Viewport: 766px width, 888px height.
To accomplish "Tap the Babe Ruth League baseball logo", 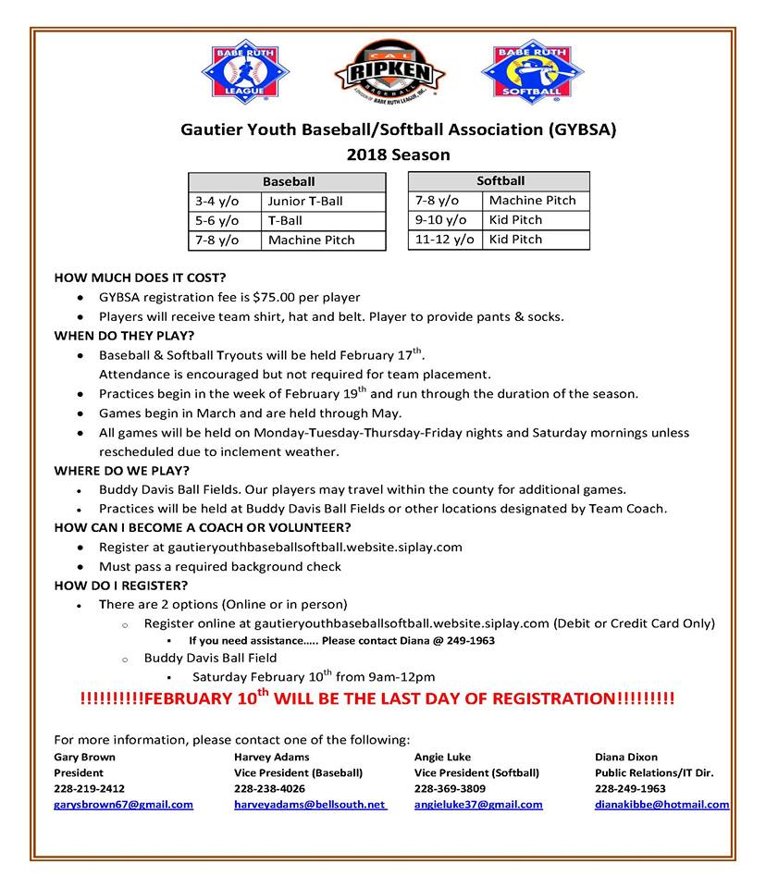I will pos(245,71).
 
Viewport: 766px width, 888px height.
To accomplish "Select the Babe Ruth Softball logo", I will pos(532,71).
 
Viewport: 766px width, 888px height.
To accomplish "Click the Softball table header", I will pos(500,180).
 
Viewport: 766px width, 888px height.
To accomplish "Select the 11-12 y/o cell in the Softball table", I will pos(444,239).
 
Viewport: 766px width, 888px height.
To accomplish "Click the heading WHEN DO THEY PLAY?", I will pos(124,335).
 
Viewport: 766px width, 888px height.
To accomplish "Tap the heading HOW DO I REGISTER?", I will pos(121,586).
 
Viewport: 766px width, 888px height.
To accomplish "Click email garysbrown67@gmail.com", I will pos(124,805).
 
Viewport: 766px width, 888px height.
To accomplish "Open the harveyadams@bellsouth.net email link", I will pos(310,805).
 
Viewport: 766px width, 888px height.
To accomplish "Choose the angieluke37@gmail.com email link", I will pos(478,805).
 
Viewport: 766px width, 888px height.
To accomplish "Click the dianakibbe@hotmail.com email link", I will pos(661,805).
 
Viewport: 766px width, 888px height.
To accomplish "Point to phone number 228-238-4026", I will pos(269,789).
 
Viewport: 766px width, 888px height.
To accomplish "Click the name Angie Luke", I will pos(442,757).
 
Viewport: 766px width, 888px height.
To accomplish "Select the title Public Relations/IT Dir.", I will pos(654,772).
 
